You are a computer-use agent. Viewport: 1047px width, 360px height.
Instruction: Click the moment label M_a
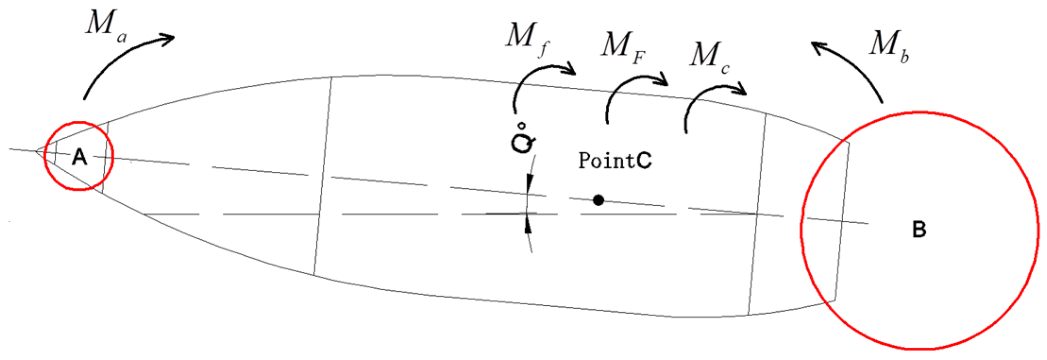click(106, 26)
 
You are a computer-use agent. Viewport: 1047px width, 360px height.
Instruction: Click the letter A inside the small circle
click(79, 156)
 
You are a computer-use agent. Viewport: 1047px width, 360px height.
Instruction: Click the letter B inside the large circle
click(919, 229)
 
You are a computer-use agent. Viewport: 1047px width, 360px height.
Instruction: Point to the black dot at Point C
click(598, 201)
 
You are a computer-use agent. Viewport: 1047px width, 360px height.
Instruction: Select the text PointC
click(615, 160)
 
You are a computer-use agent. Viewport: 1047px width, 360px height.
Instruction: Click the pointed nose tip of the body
click(36, 151)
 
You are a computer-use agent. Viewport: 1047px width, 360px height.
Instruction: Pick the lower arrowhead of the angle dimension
click(528, 225)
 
